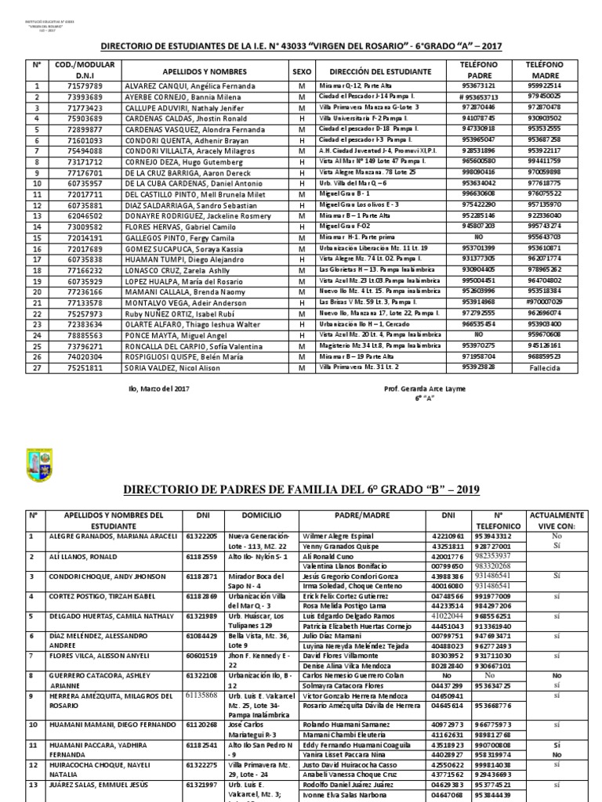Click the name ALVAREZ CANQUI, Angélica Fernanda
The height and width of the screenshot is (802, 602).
point(180,86)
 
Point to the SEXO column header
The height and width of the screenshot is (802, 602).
point(302,70)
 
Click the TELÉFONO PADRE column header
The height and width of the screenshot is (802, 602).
point(477,70)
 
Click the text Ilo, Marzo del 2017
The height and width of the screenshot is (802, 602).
point(160,386)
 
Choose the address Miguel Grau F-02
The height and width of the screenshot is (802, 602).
point(344,226)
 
